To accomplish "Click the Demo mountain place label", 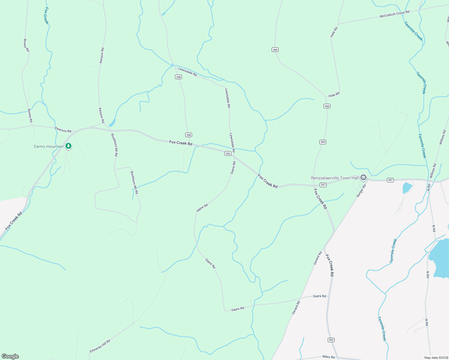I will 49,146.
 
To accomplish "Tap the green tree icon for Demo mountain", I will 68,146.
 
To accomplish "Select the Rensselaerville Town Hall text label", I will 335,178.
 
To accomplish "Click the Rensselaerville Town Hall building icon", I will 363,178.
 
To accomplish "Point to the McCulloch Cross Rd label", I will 394,14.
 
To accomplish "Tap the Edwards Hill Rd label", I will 100,346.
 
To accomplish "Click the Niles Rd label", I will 328,357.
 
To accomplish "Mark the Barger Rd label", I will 361,190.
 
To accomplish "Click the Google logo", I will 10,356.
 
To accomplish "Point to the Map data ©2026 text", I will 436,358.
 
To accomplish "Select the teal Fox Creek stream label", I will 46,16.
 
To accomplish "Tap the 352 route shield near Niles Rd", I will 331,340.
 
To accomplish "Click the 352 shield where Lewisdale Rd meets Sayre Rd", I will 228,153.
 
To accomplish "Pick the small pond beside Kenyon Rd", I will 112,123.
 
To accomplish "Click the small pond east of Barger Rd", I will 407,187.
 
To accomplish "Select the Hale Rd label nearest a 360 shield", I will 334,95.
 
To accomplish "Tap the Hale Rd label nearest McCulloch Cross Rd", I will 334,32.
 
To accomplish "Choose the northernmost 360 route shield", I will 275,49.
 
